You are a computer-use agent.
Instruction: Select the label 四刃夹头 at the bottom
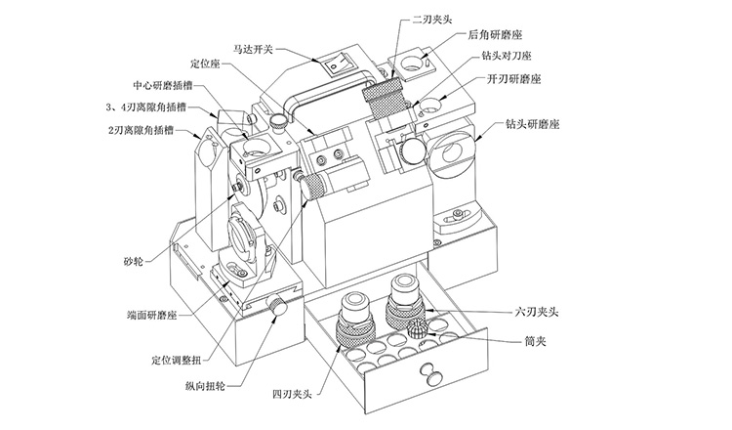291,396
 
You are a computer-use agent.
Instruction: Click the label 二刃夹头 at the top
433,17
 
